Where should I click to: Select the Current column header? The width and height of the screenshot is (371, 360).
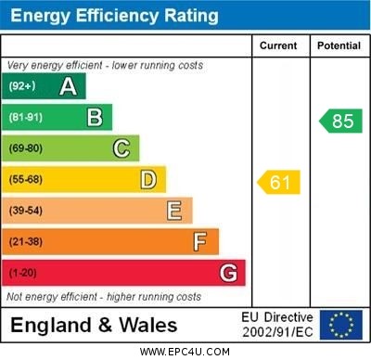pyautogui.click(x=278, y=45)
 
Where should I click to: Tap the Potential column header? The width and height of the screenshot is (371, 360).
pyautogui.click(x=339, y=45)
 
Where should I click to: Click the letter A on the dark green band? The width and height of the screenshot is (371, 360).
pyautogui.click(x=68, y=87)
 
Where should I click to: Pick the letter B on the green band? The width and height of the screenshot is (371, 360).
pyautogui.click(x=95, y=118)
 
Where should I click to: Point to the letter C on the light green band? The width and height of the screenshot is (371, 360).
pyautogui.click(x=122, y=148)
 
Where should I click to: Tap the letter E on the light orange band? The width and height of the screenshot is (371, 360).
pyautogui.click(x=174, y=211)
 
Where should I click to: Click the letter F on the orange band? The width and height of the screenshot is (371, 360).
pyautogui.click(x=200, y=242)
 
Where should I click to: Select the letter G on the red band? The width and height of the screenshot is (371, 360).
pyautogui.click(x=228, y=274)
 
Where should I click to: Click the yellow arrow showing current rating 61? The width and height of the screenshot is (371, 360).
pyautogui.click(x=278, y=182)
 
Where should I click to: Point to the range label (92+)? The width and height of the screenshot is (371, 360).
pyautogui.click(x=22, y=87)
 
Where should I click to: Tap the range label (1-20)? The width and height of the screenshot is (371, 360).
pyautogui.click(x=23, y=274)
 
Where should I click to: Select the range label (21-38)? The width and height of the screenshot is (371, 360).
pyautogui.click(x=26, y=242)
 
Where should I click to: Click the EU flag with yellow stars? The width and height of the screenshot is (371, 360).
pyautogui.click(x=341, y=325)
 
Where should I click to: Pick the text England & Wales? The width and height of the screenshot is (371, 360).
pyautogui.click(x=94, y=326)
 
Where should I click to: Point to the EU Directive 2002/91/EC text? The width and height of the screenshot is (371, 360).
pyautogui.click(x=277, y=325)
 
